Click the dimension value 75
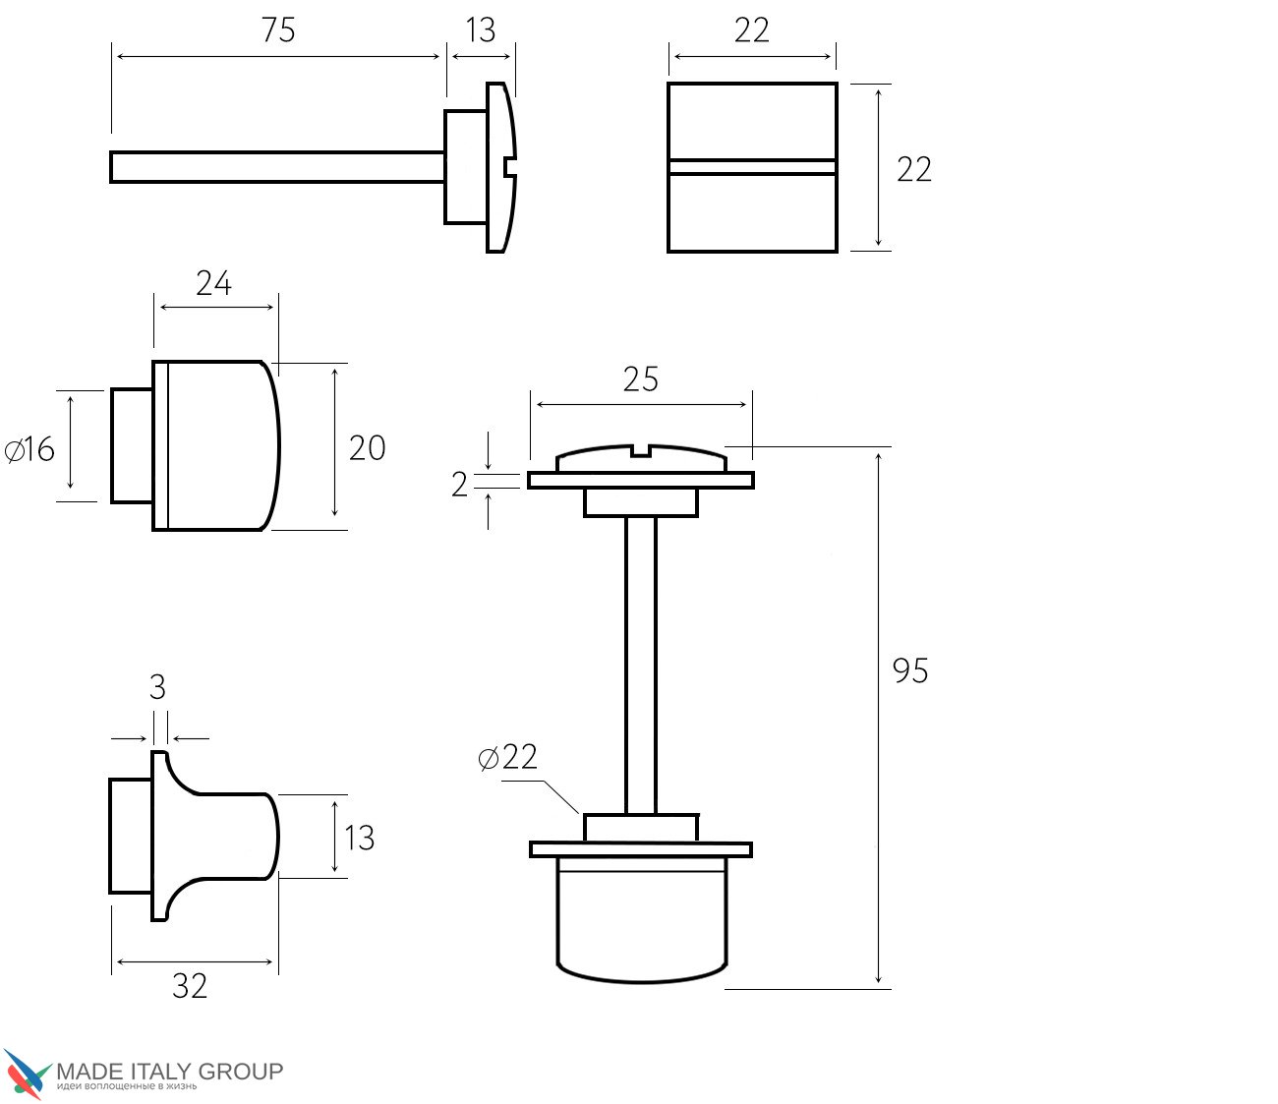point(278,29)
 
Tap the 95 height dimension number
point(910,670)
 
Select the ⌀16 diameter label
point(29,449)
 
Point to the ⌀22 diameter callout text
point(507,757)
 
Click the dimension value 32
point(190,987)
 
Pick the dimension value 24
point(214,284)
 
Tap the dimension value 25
point(641,378)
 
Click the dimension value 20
point(368,448)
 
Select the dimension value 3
point(157,687)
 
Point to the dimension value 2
point(459,485)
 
